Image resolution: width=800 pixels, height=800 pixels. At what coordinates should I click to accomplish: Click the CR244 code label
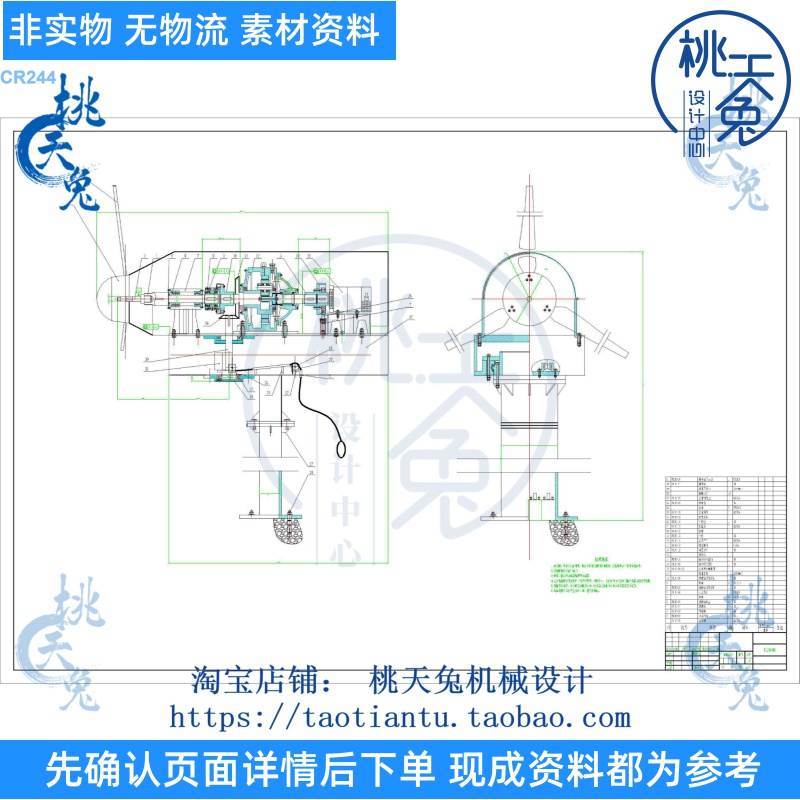point(28,78)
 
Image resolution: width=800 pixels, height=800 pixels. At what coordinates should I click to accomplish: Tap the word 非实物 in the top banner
point(59,31)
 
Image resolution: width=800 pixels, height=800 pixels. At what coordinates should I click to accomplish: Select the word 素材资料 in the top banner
point(311,31)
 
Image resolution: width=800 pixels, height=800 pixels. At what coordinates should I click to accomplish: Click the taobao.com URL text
point(400,716)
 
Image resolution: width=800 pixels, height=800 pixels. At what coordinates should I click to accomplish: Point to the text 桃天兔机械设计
point(481,681)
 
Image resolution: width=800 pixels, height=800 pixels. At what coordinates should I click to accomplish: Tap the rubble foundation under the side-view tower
point(289,531)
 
